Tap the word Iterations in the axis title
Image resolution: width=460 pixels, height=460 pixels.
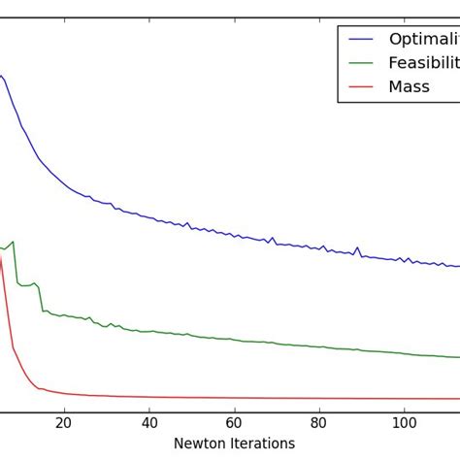262,444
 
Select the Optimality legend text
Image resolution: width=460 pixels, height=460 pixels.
423,39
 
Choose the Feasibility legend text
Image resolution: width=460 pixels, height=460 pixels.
423,63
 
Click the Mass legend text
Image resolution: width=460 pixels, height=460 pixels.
409,86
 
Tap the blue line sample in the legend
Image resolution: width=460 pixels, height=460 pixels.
361,39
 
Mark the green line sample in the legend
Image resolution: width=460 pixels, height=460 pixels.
361,63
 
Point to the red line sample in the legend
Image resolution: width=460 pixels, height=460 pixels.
361,86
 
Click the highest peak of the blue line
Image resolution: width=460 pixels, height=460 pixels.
2,75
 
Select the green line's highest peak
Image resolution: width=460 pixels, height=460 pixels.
13,242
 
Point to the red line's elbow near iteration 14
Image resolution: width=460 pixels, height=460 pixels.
38,387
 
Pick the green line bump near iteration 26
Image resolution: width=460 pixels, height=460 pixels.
89,317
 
